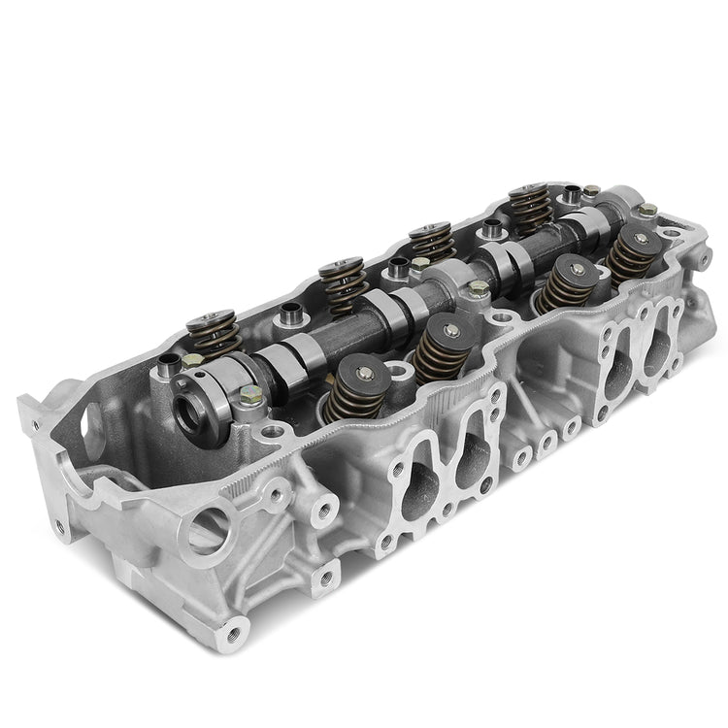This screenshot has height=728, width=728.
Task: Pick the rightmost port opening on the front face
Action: [662, 356]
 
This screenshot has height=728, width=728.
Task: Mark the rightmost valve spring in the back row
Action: [528, 206]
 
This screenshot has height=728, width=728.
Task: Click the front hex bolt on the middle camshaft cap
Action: [479, 287]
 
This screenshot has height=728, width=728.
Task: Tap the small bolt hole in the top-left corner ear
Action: [34, 424]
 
